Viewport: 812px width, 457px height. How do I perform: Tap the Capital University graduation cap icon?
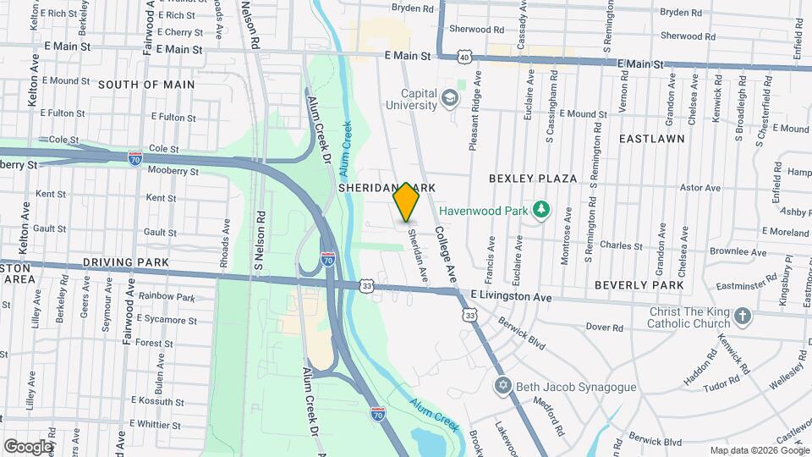click(x=451, y=100)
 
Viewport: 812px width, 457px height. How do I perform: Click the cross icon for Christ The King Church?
click(x=743, y=317)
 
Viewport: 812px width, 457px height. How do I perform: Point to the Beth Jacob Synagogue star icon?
click(x=502, y=386)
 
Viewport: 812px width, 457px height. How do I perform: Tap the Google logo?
click(x=29, y=447)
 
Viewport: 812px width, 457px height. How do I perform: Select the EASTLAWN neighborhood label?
click(x=650, y=137)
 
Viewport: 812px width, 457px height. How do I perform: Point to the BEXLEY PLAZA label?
click(x=532, y=179)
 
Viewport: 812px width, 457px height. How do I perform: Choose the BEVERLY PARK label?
click(x=639, y=285)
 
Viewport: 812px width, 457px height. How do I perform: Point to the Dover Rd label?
click(x=604, y=327)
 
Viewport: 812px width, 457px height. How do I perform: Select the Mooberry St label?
click(x=171, y=171)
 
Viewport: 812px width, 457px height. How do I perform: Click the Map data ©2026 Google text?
click(x=759, y=450)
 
